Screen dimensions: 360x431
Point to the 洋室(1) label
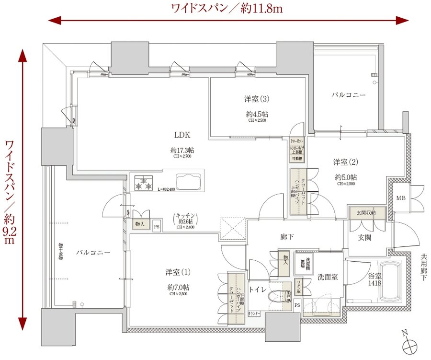click(178, 272)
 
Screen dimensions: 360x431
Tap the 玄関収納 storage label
click(366, 212)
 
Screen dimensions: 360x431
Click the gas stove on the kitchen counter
click(144, 183)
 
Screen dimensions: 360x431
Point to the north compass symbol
click(409, 344)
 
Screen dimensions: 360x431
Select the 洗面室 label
click(328, 277)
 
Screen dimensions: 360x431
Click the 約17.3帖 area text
click(182, 151)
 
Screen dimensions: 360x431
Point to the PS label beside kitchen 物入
click(156, 226)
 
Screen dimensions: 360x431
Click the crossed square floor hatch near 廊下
click(233, 229)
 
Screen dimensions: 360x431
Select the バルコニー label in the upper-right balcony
click(348, 95)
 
